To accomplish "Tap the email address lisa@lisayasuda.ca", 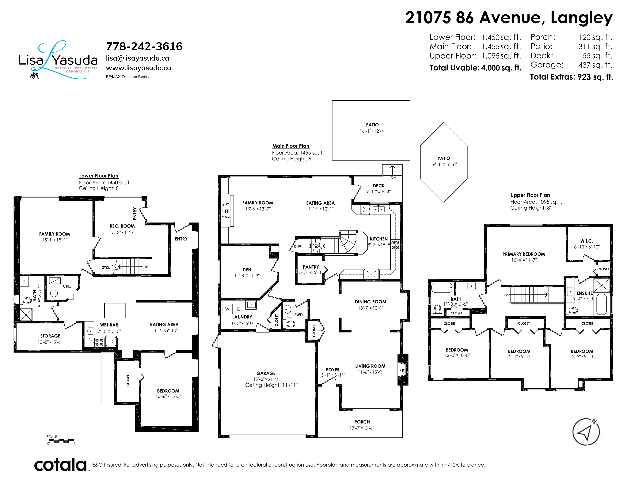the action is click(138, 58).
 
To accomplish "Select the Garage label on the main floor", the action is click(266, 373).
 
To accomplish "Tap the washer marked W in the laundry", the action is click(227, 309).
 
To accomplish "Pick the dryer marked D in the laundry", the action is click(239, 309).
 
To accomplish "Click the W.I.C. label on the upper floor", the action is click(587, 241).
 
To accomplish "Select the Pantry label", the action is click(311, 267).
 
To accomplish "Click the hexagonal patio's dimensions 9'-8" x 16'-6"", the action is click(444, 164).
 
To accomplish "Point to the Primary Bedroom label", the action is click(524, 254).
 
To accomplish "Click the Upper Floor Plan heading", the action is click(530, 195).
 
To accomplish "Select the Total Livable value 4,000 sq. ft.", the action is click(501, 68).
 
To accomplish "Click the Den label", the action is click(247, 270).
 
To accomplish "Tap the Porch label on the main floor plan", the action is click(362, 422).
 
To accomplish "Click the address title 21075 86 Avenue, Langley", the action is click(509, 18).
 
